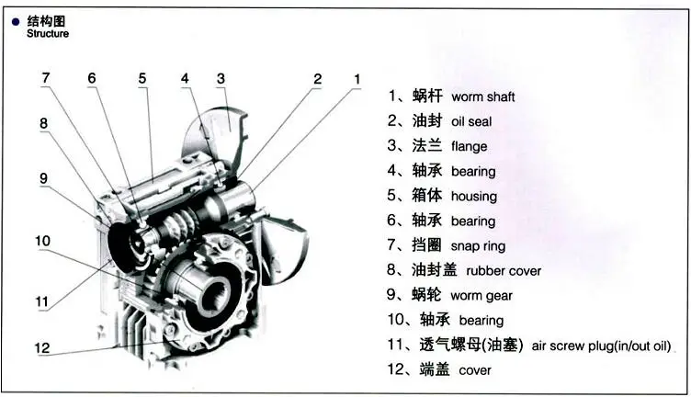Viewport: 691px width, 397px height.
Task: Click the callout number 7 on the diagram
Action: point(45,77)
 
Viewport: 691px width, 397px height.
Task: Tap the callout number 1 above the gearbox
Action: point(357,79)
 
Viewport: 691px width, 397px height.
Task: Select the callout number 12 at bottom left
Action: point(43,348)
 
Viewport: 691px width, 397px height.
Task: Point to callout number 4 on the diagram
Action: point(185,78)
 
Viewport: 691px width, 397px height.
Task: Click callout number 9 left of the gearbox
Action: point(42,178)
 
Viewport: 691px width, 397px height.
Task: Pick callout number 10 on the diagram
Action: point(43,241)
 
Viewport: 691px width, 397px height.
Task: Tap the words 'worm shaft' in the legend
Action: point(482,96)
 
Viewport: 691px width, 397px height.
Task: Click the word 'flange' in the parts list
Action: point(469,146)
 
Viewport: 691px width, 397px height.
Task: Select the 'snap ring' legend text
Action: point(478,246)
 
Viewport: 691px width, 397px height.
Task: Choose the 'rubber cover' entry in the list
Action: point(504,271)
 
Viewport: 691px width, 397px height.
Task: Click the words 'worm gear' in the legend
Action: point(481,296)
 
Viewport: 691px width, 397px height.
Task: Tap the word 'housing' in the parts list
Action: point(473,196)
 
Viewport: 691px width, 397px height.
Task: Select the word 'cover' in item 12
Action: point(475,370)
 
